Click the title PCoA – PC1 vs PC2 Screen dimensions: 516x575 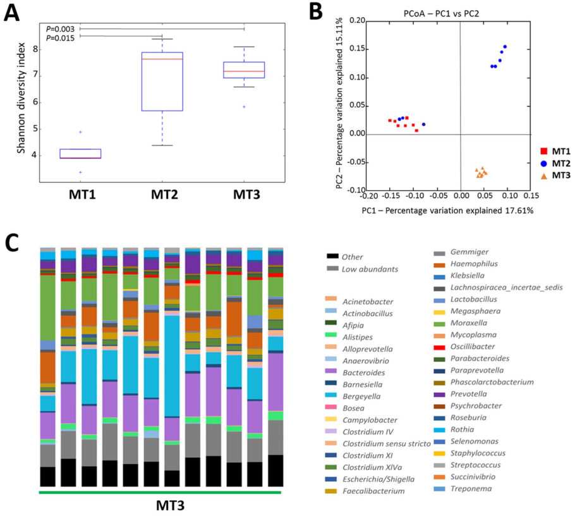448,13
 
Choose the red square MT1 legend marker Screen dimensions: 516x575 542,151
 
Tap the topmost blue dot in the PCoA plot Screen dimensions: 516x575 505,47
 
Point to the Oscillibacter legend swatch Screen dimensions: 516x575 439,347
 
